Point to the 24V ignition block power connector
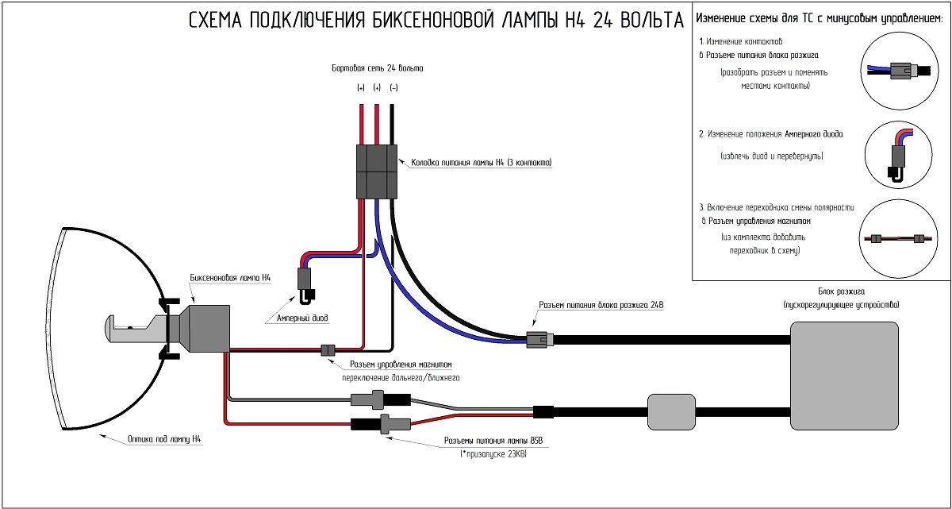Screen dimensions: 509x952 [539, 341]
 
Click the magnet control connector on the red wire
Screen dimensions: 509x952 [327, 350]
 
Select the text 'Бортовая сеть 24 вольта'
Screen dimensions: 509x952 [377, 69]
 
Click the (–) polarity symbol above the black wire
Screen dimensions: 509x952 [393, 88]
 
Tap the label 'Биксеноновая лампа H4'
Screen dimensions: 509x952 [230, 279]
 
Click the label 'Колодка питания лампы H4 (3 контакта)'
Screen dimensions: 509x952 [481, 163]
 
